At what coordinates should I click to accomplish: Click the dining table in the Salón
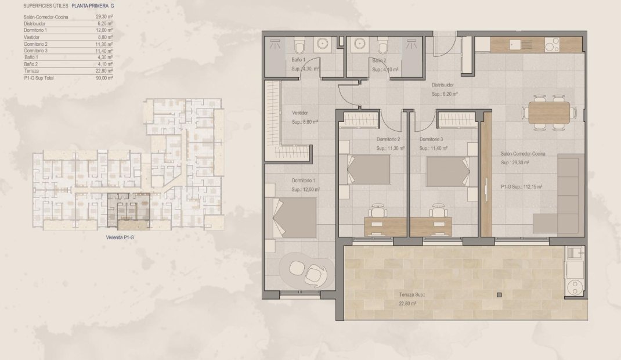549,112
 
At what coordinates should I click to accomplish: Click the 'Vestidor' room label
299,113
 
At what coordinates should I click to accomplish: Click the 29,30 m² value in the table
104,17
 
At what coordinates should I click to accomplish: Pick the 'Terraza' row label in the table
32,71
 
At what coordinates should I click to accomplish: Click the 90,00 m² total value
104,77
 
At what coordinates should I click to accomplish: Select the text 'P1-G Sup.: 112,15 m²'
521,187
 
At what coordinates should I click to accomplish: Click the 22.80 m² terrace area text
411,303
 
